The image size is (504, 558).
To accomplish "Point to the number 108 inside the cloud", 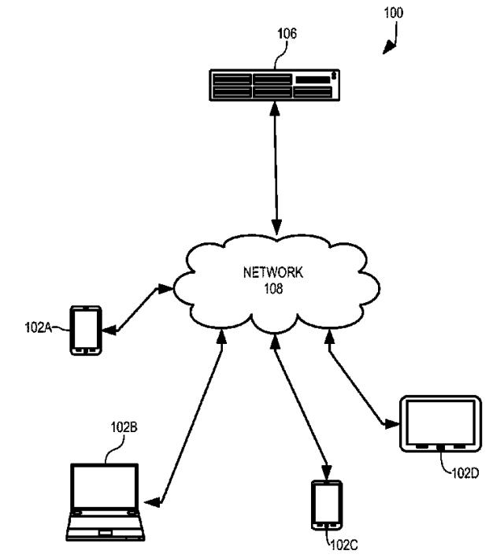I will [272, 288].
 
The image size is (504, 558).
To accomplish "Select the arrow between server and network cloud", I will [276, 168].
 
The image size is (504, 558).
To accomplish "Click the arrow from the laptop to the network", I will [192, 422].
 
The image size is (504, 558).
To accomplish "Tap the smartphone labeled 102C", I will [326, 503].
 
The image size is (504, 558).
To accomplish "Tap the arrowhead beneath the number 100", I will [388, 49].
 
